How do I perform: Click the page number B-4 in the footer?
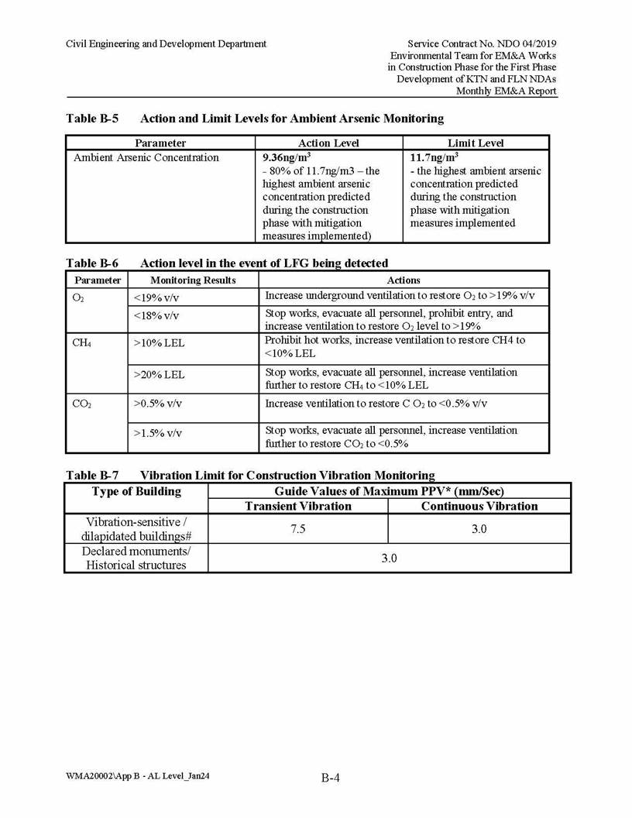click(x=331, y=778)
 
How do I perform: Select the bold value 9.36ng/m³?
click(x=287, y=157)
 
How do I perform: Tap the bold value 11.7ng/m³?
click(x=434, y=157)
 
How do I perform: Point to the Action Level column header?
click(x=328, y=143)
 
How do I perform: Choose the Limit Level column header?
click(x=476, y=143)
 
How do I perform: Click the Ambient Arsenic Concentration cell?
click(x=146, y=158)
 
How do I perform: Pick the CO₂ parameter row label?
click(x=81, y=404)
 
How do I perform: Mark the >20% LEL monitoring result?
click(x=159, y=375)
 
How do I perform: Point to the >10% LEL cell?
click(x=159, y=342)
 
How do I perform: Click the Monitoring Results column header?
click(x=193, y=280)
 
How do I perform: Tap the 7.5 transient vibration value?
click(x=298, y=529)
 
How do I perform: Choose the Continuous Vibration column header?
click(x=479, y=506)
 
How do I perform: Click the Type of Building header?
click(x=136, y=491)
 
